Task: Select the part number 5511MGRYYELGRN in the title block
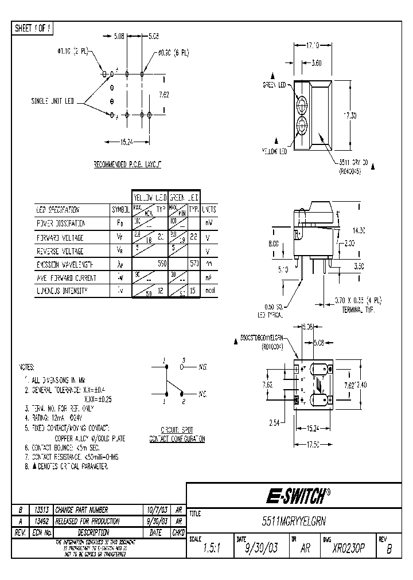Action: (x=297, y=523)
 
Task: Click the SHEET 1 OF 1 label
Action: (x=33, y=28)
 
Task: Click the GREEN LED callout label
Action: (x=274, y=85)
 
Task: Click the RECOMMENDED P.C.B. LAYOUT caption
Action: (x=127, y=164)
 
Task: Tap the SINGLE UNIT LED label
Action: (x=52, y=101)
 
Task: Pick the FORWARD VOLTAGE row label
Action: (x=60, y=237)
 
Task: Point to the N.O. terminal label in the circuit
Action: (x=202, y=365)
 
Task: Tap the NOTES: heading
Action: (x=26, y=366)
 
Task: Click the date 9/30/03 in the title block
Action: (x=262, y=548)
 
